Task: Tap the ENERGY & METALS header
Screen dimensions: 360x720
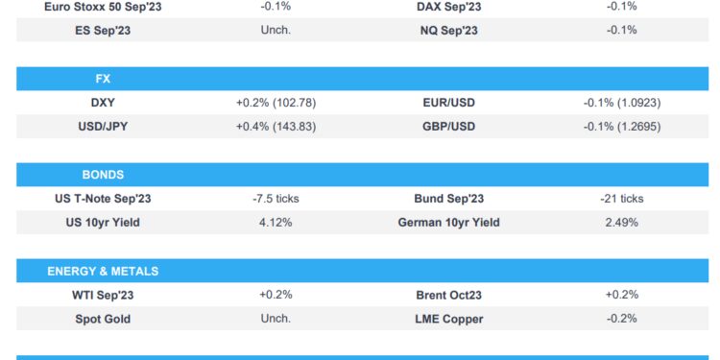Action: pyautogui.click(x=103, y=272)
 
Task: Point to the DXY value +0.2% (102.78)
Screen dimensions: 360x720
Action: pyautogui.click(x=276, y=102)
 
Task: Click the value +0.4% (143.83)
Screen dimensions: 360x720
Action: pyautogui.click(x=276, y=126)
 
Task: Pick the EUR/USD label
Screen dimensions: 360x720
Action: pyautogui.click(x=449, y=102)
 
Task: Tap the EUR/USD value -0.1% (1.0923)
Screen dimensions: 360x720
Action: pyautogui.click(x=621, y=102)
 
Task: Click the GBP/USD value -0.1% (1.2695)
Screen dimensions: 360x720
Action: pyautogui.click(x=621, y=126)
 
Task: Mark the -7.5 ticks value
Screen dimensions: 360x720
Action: pyautogui.click(x=276, y=199)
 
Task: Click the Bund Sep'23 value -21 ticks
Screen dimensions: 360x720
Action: pyautogui.click(x=621, y=199)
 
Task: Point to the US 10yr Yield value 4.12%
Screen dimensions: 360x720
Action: pyautogui.click(x=276, y=223)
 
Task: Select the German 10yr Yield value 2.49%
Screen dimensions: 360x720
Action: pyautogui.click(x=621, y=223)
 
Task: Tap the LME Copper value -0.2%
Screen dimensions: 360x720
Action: pyautogui.click(x=621, y=319)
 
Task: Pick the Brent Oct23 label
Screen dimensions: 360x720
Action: pyautogui.click(x=449, y=295)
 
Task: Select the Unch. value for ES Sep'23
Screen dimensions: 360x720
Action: pyautogui.click(x=276, y=30)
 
